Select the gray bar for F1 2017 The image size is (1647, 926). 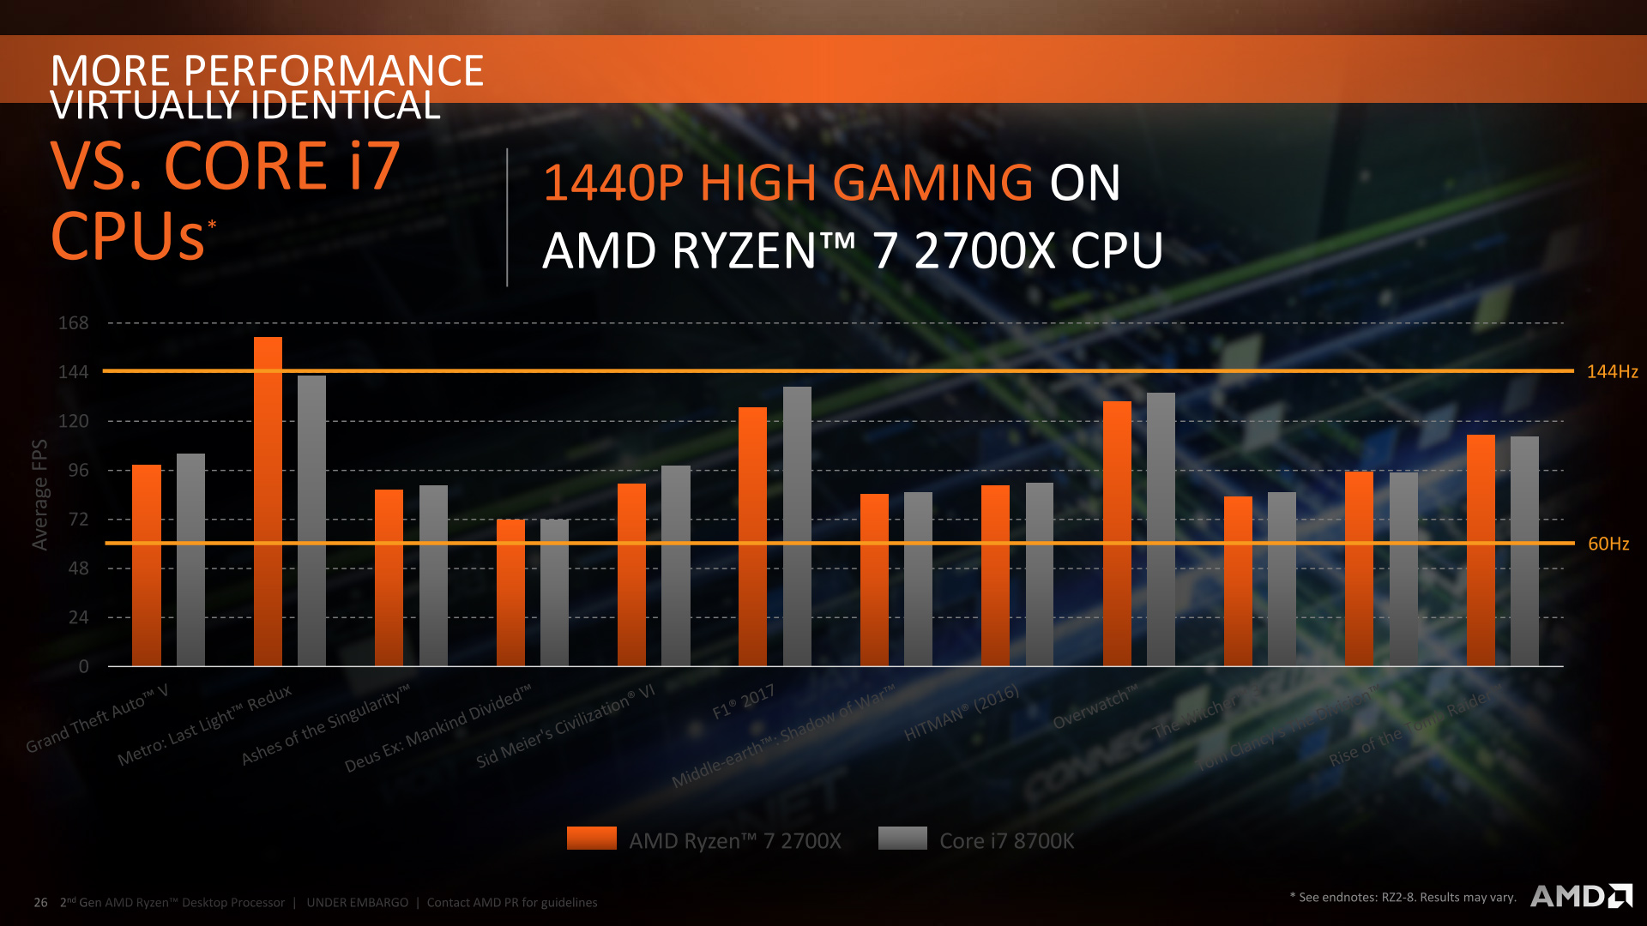tap(797, 526)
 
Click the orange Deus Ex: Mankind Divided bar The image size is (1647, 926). tap(510, 592)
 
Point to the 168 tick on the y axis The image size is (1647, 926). tap(74, 323)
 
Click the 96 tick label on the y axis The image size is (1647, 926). tap(78, 470)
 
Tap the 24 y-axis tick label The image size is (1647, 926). tap(78, 617)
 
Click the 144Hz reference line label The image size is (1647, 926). tap(1612, 371)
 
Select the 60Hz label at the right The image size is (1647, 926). tap(1608, 544)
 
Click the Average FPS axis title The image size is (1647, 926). tap(39, 495)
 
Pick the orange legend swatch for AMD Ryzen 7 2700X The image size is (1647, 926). tap(591, 838)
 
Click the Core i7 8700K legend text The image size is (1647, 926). tap(1006, 841)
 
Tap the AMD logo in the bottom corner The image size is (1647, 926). tap(1581, 896)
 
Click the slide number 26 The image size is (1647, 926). tap(40, 902)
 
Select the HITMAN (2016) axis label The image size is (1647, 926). tap(962, 713)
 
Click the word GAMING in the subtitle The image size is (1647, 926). tap(932, 183)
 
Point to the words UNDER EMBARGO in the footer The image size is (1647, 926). tap(358, 902)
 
